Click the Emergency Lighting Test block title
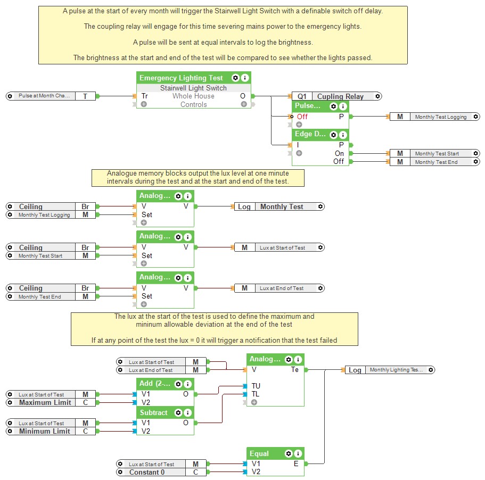pos(181,78)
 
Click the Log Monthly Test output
pos(279,206)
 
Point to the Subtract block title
pos(154,412)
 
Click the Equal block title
pos(260,454)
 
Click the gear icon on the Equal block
pos(289,454)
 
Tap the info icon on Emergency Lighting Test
pos(245,78)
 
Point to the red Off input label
pos(302,117)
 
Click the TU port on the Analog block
pos(256,386)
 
